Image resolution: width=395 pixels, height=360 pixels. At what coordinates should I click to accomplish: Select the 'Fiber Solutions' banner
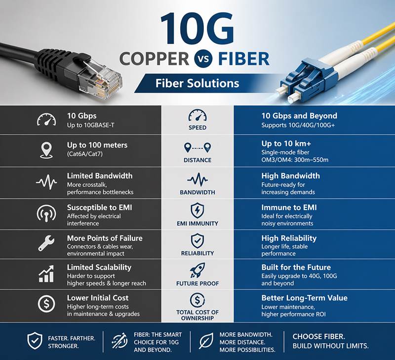[197, 82]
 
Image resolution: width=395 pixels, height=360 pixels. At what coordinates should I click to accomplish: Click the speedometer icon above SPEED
[197, 116]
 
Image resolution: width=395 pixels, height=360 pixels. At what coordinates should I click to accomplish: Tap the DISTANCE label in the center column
[197, 160]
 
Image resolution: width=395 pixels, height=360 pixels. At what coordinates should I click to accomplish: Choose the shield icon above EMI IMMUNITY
[197, 209]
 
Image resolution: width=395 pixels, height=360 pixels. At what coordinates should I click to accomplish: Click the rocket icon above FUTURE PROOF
[197, 270]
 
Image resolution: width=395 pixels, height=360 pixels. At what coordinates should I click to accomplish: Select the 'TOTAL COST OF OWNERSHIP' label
[197, 315]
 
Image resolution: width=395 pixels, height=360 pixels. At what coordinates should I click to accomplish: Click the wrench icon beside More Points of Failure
[46, 243]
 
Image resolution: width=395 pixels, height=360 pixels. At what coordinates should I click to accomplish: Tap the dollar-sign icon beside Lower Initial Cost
[46, 303]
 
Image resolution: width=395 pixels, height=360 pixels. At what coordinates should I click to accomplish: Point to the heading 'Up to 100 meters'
[97, 145]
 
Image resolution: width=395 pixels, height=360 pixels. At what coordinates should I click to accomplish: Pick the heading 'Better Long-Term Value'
[304, 298]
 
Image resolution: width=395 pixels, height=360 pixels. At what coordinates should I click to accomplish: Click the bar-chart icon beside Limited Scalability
[46, 273]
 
